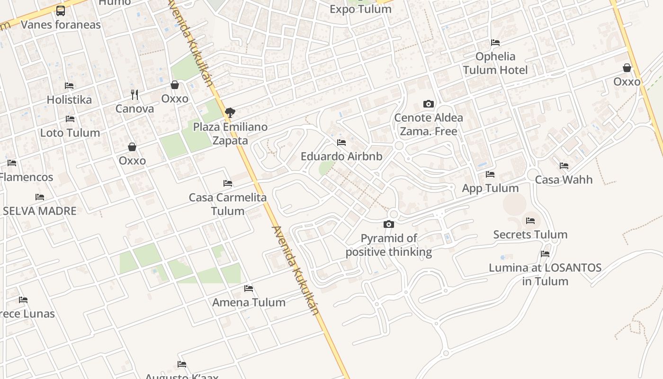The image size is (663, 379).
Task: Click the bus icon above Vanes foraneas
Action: [x=61, y=10]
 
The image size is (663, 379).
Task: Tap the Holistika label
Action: [x=69, y=100]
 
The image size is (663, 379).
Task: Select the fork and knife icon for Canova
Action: [x=135, y=95]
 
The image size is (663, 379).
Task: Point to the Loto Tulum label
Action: [x=70, y=133]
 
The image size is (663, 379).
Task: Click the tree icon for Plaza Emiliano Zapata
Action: [x=230, y=113]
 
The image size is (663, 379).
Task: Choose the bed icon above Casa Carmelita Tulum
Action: [x=228, y=183]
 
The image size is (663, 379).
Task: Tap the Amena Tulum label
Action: [x=249, y=302]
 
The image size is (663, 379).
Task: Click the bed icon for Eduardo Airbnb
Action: [x=341, y=142]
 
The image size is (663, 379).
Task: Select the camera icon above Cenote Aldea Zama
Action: [x=429, y=104]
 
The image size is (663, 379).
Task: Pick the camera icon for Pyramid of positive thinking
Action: [x=389, y=224]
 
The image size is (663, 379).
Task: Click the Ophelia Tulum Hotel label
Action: [x=495, y=63]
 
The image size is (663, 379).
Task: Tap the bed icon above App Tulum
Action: [x=490, y=174]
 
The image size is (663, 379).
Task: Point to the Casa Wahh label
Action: [x=564, y=180]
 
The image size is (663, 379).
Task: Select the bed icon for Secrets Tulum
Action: [x=530, y=221]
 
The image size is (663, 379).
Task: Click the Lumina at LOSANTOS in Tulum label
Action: [x=545, y=274]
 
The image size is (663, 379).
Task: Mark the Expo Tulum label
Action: [x=360, y=9]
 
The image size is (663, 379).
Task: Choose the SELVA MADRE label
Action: [x=40, y=211]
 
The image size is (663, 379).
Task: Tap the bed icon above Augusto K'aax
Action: [x=182, y=364]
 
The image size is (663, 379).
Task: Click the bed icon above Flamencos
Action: [x=12, y=163]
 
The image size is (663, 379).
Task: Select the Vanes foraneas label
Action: [x=61, y=25]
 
